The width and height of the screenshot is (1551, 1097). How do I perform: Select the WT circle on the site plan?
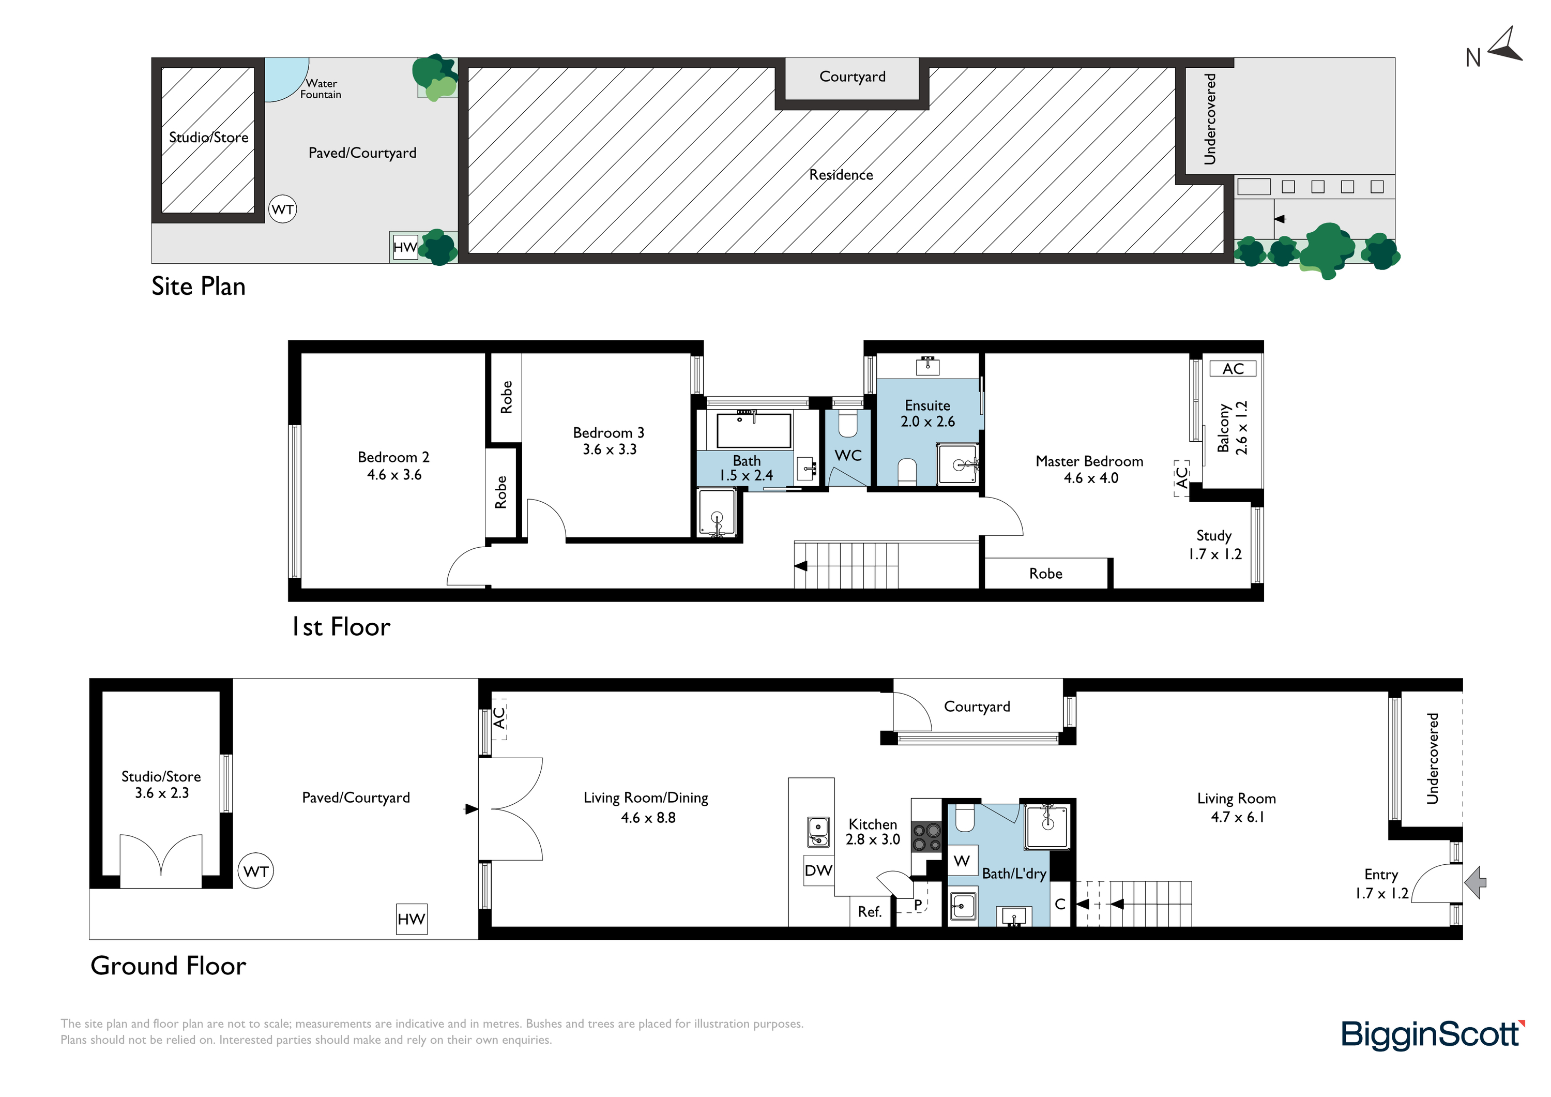click(x=282, y=209)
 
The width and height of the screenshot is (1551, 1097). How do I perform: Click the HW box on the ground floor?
click(x=412, y=919)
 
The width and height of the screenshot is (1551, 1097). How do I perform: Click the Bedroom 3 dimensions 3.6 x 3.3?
click(x=610, y=449)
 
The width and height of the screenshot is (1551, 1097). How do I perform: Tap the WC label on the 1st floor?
click(x=848, y=455)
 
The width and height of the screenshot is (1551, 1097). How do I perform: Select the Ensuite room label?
click(x=927, y=405)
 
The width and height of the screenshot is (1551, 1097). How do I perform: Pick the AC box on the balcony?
click(x=1233, y=368)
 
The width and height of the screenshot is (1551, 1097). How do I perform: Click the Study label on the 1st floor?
click(x=1214, y=536)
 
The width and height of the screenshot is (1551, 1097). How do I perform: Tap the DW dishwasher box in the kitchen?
click(x=818, y=870)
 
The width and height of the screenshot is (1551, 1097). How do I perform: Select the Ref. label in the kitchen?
click(x=870, y=912)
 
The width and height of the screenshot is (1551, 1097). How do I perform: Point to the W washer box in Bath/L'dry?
click(x=962, y=861)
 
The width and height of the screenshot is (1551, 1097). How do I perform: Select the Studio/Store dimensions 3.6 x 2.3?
click(x=161, y=793)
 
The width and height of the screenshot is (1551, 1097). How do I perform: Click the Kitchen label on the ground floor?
click(x=873, y=824)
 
